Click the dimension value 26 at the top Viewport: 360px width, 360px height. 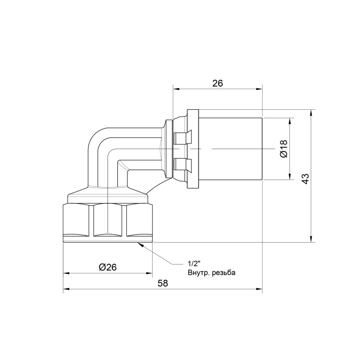217,83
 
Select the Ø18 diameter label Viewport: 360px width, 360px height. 283,149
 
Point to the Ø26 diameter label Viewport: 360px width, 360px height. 108,267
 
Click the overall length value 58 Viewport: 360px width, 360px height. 163,283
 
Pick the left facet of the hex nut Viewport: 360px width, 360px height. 77,220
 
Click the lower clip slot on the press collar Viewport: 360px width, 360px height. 182,164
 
